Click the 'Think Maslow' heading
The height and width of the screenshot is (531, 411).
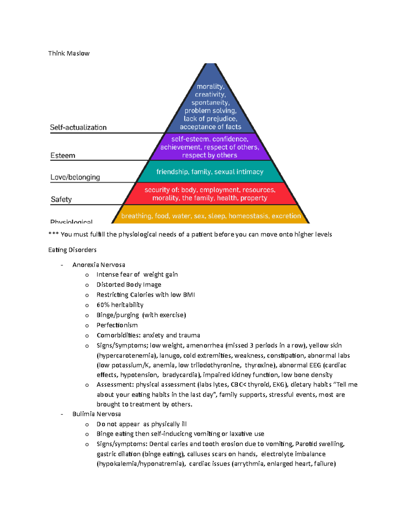[68, 53]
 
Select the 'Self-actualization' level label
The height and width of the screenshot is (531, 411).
[78, 128]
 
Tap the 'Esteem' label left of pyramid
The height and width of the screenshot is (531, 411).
[63, 156]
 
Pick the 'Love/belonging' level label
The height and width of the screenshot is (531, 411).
[75, 177]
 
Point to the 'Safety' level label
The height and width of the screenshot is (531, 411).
[61, 199]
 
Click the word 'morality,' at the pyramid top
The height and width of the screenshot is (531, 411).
[210, 87]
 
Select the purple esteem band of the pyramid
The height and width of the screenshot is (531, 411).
[210, 147]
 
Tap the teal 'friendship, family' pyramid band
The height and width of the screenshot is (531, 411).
[210, 172]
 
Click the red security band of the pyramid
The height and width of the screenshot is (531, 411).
[210, 194]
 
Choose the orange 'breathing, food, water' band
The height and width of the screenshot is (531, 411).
[211, 216]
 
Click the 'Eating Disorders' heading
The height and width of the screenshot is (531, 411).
[72, 250]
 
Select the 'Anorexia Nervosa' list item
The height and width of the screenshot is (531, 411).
[99, 265]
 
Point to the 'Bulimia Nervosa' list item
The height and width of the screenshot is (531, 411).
[97, 414]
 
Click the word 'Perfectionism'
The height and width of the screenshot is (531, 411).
[117, 325]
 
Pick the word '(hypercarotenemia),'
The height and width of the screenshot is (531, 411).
[127, 356]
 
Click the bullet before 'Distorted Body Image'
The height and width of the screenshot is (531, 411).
[87, 285]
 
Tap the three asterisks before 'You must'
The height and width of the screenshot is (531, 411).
[53, 235]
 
